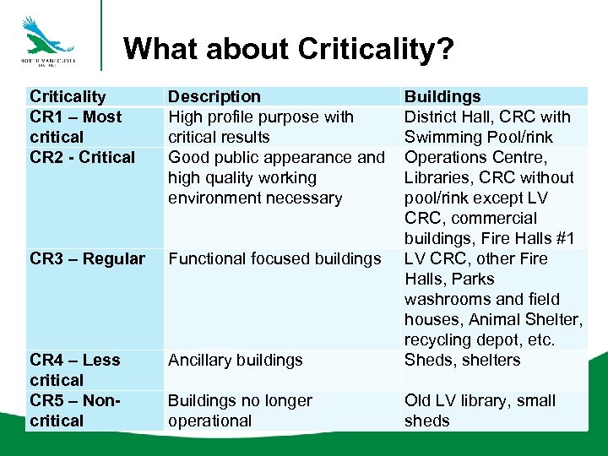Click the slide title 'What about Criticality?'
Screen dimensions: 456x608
point(288,49)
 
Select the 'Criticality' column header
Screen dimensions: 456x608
point(68,96)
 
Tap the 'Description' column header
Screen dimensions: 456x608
point(214,96)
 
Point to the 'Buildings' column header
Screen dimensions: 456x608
point(442,96)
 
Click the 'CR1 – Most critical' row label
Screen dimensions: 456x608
point(75,127)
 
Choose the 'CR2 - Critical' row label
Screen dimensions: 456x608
point(82,157)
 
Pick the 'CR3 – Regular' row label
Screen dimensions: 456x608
point(88,258)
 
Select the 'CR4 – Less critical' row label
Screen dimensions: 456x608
point(74,370)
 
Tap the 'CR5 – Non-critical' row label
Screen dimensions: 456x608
point(74,410)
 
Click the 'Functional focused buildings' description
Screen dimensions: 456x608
point(274,258)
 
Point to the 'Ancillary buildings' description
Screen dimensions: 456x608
point(235,360)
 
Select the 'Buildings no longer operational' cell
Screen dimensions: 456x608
point(240,410)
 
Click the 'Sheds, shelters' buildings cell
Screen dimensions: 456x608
point(463,360)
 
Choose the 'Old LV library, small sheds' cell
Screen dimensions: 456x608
point(480,410)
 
